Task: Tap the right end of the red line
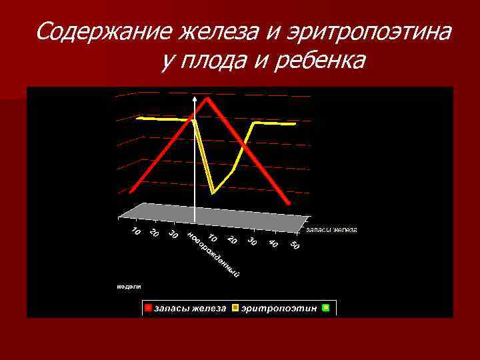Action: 288,203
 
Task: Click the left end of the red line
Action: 131,191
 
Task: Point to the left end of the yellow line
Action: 137,118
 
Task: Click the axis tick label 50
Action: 295,246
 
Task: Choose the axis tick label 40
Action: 273,243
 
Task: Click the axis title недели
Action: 129,286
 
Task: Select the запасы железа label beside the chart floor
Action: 331,230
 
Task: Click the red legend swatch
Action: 149,308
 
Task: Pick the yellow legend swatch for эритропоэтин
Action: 235,308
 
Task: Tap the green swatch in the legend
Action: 325,308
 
